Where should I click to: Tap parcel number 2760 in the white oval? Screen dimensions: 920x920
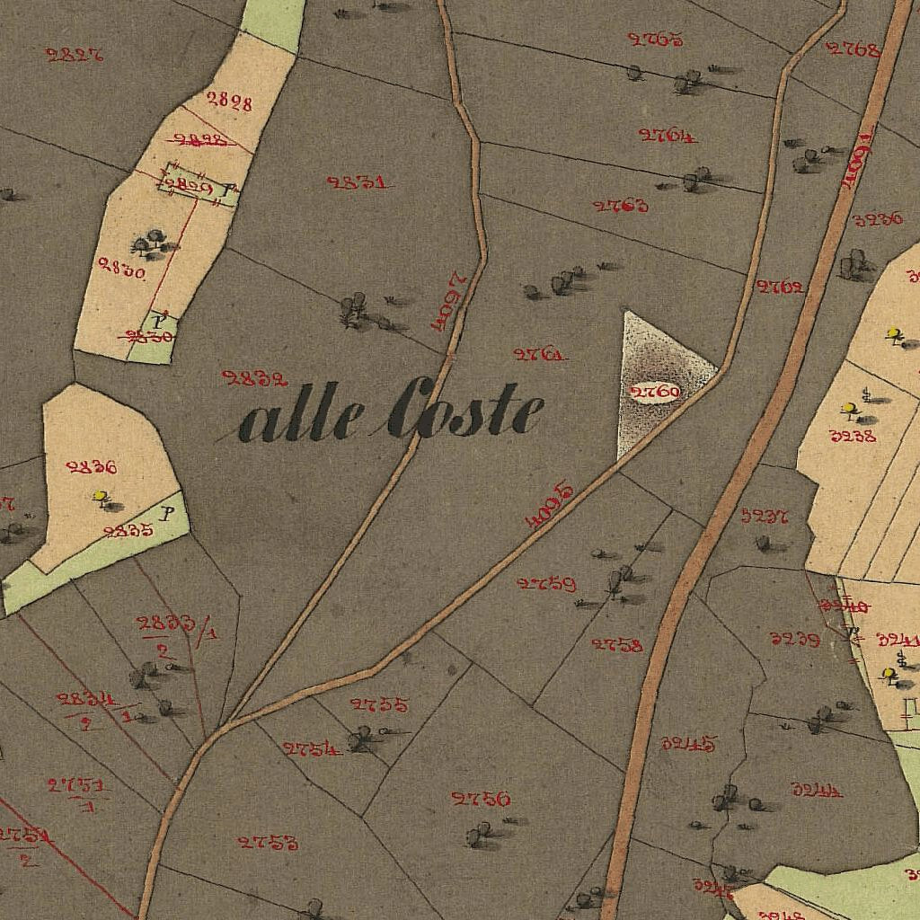(x=655, y=392)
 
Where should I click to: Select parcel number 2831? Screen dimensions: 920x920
(x=358, y=182)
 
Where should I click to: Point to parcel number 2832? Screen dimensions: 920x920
(x=254, y=378)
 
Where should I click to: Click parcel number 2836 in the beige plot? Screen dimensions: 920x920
(x=92, y=466)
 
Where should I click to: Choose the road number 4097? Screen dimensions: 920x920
(x=446, y=301)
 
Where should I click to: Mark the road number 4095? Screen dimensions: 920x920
(x=549, y=504)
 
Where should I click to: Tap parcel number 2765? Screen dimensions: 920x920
(x=655, y=40)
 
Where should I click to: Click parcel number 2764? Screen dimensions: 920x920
(x=667, y=136)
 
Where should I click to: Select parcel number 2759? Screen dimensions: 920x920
(x=546, y=584)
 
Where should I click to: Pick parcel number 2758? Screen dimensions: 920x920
(x=616, y=644)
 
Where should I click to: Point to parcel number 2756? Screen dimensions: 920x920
(x=481, y=799)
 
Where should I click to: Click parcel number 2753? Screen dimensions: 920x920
(x=268, y=842)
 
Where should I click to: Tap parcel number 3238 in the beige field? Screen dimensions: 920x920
(x=853, y=437)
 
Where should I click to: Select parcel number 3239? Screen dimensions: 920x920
(x=794, y=640)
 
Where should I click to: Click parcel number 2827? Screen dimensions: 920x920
(x=74, y=54)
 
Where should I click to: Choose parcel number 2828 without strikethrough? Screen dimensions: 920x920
(x=229, y=101)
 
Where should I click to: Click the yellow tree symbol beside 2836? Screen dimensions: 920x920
(x=101, y=496)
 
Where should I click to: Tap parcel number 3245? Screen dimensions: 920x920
(x=689, y=743)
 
